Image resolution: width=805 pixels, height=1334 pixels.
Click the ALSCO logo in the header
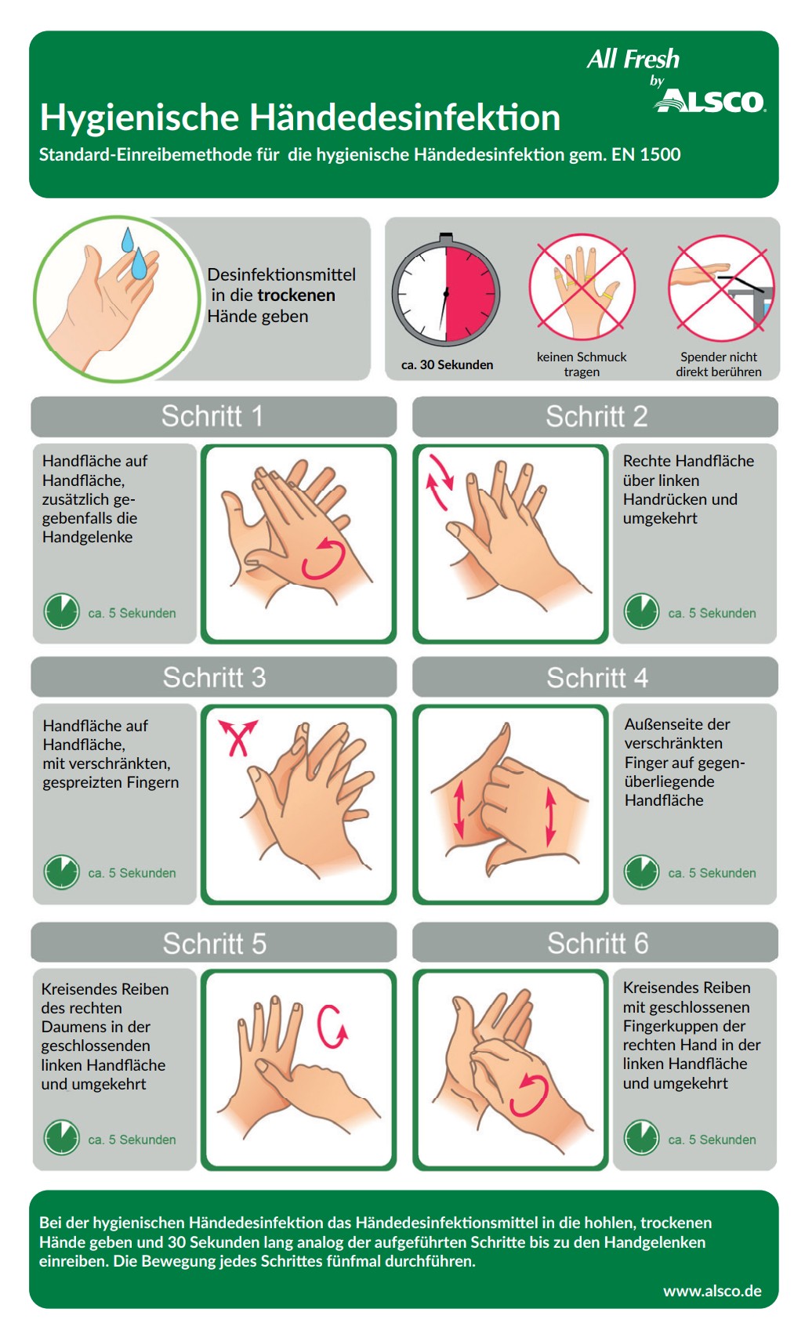(709, 100)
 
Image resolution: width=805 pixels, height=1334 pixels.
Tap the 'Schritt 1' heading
(212, 415)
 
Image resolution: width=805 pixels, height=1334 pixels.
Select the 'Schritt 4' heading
(597, 678)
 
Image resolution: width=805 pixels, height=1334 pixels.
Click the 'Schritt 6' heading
(598, 943)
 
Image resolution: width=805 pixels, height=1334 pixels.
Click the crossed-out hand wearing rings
(582, 287)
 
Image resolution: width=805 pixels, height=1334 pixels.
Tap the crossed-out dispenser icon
(721, 288)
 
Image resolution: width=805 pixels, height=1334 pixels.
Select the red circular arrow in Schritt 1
(323, 558)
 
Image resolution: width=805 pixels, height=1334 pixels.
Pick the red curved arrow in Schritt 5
(331, 1025)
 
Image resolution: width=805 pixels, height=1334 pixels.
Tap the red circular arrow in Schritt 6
(529, 1095)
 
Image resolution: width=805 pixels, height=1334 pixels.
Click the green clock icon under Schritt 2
(641, 611)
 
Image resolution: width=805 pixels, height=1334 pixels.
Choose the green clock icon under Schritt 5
(61, 1137)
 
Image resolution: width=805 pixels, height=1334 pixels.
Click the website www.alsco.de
(712, 1291)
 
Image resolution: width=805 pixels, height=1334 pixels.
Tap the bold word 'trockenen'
(296, 295)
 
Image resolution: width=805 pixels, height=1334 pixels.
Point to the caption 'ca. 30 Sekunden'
(447, 364)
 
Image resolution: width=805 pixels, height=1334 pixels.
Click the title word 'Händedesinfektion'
(405, 118)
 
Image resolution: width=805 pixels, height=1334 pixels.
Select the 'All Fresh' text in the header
(633, 59)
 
